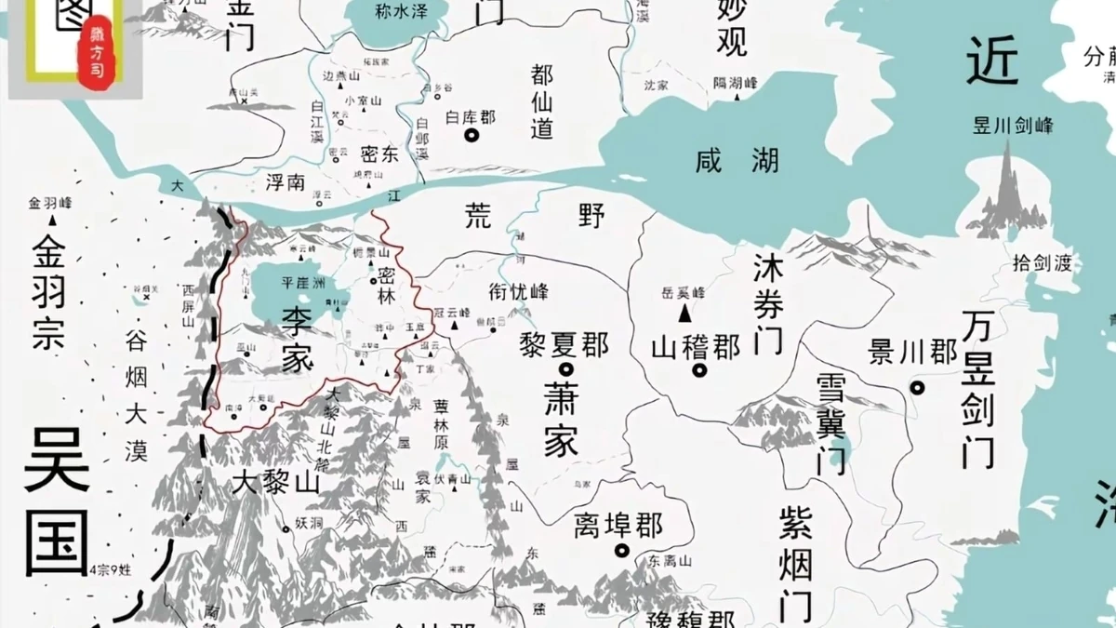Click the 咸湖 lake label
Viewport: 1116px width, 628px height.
[x=737, y=161]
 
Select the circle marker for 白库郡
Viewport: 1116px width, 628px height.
[x=472, y=136]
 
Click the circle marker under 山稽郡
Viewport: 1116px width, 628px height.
[x=698, y=370]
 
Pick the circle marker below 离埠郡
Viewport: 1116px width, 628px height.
[x=621, y=551]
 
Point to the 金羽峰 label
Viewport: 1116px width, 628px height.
[x=50, y=203]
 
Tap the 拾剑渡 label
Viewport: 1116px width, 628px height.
[x=1042, y=263]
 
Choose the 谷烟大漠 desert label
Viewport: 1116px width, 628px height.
[x=136, y=395]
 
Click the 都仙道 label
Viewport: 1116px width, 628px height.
[x=542, y=101]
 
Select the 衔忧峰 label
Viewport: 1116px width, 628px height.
[x=519, y=291]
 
